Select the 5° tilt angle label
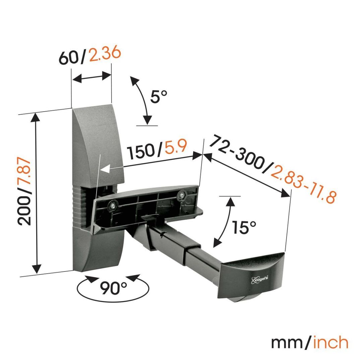(159, 97)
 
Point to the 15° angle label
(244, 228)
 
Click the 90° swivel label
(113, 287)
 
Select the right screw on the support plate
(182, 194)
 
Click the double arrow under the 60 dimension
(92, 78)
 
